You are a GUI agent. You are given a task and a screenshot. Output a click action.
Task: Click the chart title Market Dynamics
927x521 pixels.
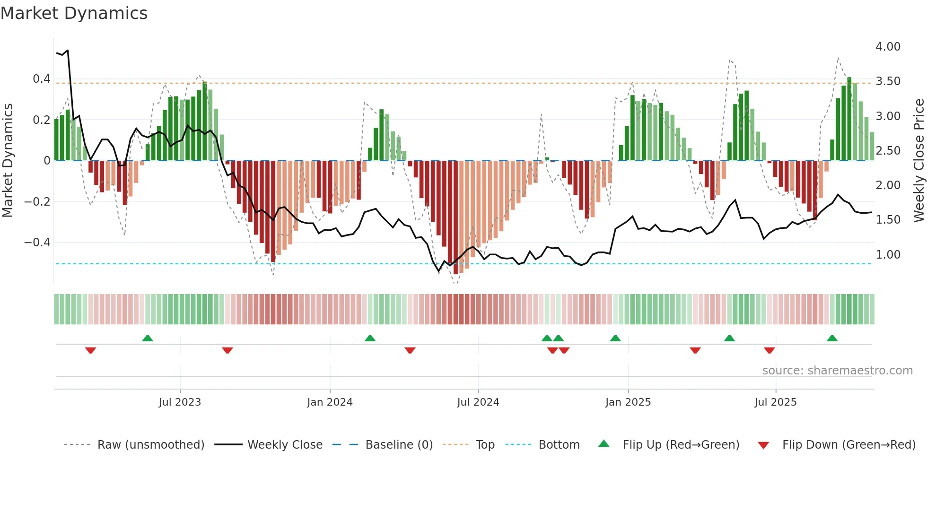click(74, 13)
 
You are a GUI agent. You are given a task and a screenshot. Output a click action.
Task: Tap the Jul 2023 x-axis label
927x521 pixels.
click(180, 402)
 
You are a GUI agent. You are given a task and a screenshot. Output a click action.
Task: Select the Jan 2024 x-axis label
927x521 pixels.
click(330, 402)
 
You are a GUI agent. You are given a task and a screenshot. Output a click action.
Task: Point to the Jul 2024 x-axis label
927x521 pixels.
click(478, 402)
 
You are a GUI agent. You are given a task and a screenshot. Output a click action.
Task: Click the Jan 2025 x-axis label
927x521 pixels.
click(628, 402)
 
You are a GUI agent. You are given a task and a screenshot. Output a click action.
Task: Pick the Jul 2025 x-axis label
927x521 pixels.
click(775, 402)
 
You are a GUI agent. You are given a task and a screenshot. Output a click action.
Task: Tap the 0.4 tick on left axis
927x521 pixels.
click(42, 79)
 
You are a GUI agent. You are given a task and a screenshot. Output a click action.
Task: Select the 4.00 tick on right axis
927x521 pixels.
click(888, 47)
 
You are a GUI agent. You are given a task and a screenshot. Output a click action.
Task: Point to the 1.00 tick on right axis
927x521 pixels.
click(888, 255)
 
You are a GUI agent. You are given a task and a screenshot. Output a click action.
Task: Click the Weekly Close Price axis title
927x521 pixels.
click(918, 160)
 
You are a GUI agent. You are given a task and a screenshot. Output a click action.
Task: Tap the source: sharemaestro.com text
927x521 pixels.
click(837, 371)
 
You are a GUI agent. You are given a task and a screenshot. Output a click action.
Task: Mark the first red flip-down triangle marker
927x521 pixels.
click(90, 350)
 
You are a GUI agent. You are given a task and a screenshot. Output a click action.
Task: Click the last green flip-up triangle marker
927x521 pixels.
click(832, 338)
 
